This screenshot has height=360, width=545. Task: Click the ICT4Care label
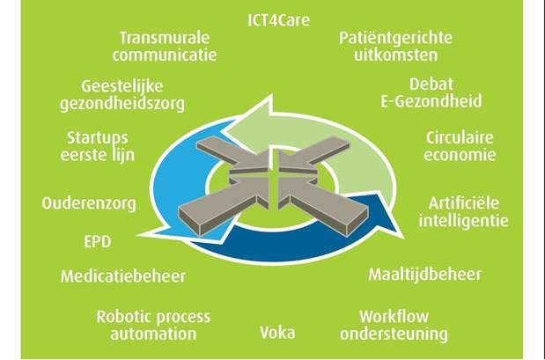[278, 20]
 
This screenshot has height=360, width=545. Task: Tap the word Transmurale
[165, 38]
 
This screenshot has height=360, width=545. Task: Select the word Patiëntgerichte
[395, 38]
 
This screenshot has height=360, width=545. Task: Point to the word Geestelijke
[122, 86]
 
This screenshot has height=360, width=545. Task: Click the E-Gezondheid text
[431, 101]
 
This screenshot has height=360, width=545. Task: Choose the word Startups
[98, 138]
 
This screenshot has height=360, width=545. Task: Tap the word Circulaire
[460, 137]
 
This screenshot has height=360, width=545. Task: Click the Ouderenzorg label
[89, 203]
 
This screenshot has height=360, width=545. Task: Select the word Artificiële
[464, 203]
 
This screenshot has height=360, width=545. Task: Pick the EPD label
[98, 241]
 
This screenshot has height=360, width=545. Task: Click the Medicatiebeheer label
[123, 276]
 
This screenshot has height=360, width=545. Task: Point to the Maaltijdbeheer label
[424, 275]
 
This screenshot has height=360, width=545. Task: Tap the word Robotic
[122, 317]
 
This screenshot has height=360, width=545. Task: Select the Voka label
[277, 333]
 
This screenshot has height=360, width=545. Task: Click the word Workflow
[394, 317]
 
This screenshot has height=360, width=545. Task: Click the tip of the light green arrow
[225, 131]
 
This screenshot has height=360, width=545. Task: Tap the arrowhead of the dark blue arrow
[403, 239]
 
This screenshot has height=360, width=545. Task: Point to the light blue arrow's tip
[138, 235]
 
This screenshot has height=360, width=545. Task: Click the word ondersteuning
[394, 334]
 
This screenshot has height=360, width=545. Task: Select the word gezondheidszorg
[122, 104]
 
